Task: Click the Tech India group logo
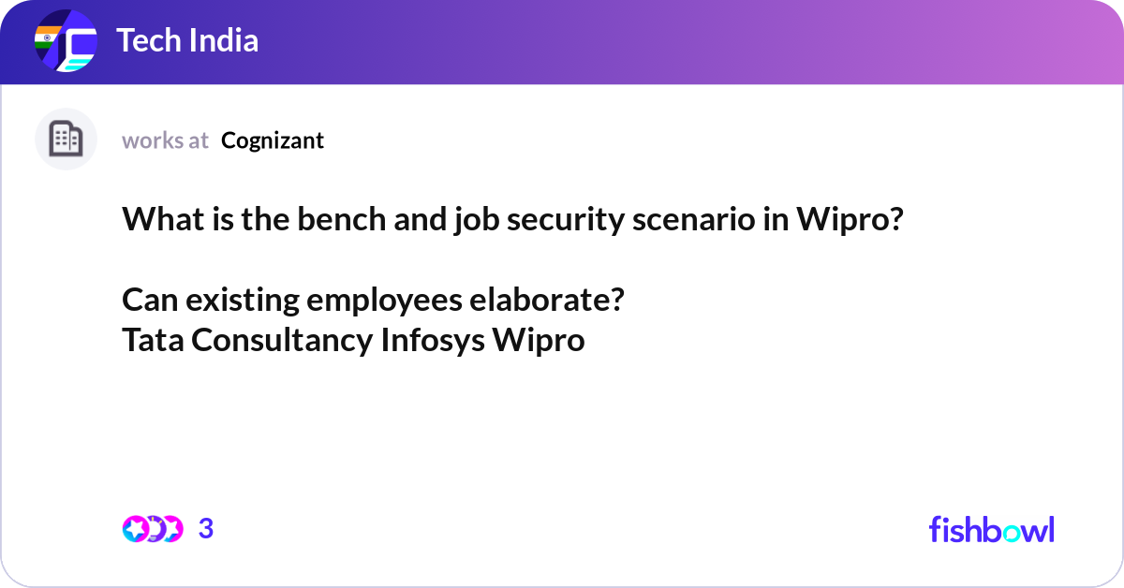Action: click(x=66, y=42)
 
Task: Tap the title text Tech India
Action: click(x=187, y=41)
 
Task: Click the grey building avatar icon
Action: click(x=66, y=140)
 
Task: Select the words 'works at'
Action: click(x=165, y=140)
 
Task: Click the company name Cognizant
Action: click(x=273, y=140)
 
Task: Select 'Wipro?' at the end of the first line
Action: click(x=850, y=220)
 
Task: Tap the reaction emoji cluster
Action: click(x=153, y=529)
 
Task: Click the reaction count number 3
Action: click(x=206, y=529)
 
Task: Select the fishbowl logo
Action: click(x=991, y=529)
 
